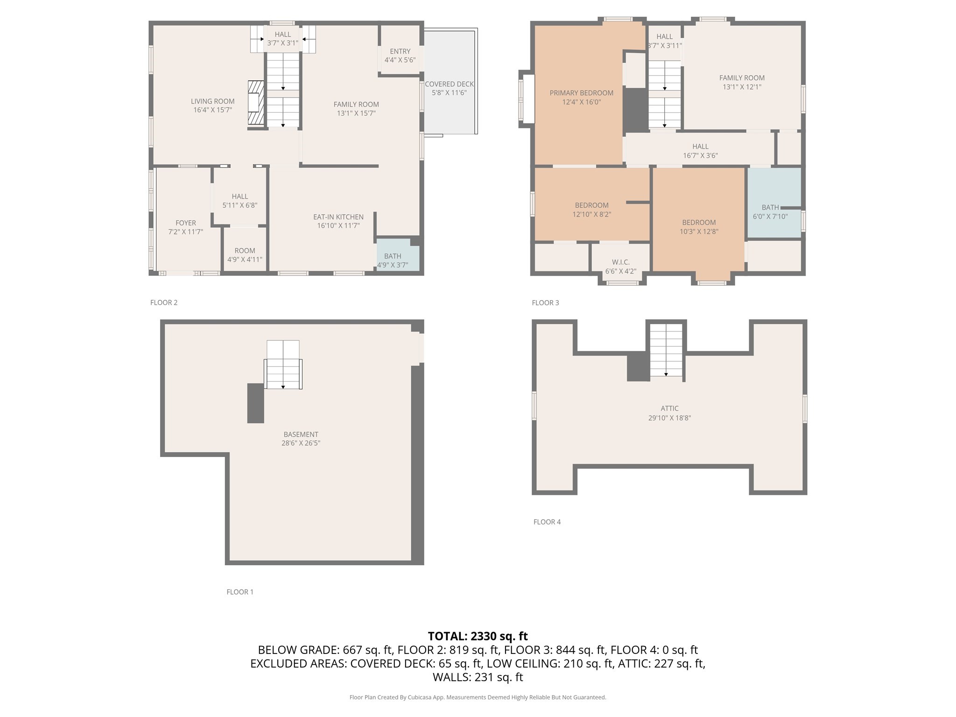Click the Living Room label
(212, 101)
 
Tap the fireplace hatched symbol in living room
(256, 102)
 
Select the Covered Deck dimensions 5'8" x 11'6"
(449, 93)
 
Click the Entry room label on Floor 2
(400, 51)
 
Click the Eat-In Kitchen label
(338, 217)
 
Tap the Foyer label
(185, 223)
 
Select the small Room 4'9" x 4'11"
(245, 255)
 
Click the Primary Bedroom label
(581, 93)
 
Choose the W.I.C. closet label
(620, 262)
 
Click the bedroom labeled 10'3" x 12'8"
(698, 227)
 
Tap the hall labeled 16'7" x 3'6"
(700, 151)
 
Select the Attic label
(669, 408)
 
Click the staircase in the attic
(666, 350)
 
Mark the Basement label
(301, 434)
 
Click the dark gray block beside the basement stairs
(255, 403)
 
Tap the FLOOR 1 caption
(240, 592)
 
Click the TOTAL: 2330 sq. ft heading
(478, 636)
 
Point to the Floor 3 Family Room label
(741, 78)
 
